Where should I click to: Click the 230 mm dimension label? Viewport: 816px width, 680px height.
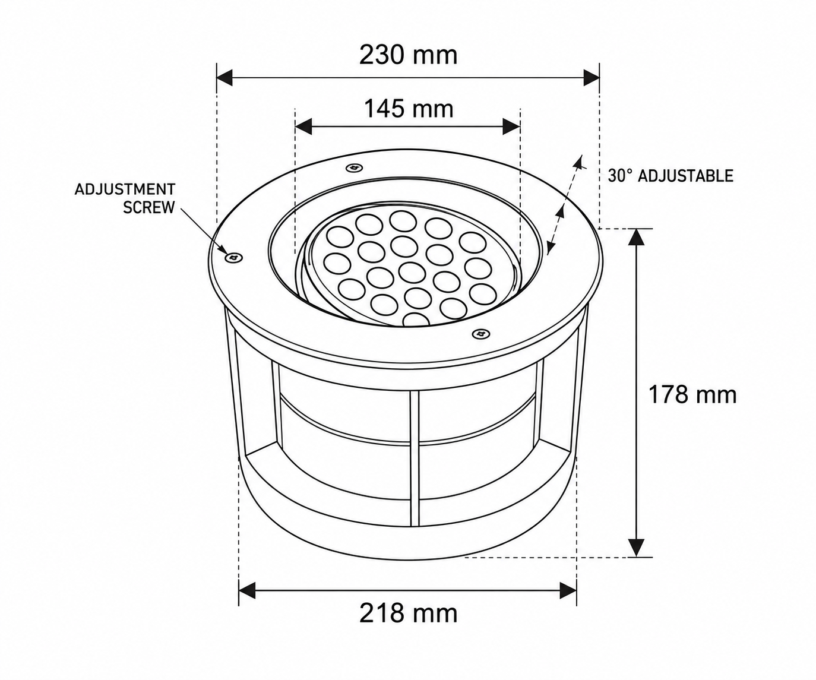pyautogui.click(x=408, y=55)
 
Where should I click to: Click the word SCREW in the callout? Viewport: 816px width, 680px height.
pyautogui.click(x=149, y=207)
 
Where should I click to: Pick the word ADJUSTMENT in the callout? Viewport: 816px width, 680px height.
pyautogui.click(x=125, y=189)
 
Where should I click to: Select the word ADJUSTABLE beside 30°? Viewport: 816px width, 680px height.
pyautogui.click(x=685, y=176)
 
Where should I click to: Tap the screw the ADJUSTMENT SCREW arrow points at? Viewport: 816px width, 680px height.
pyautogui.click(x=234, y=257)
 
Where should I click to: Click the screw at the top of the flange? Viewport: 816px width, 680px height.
pyautogui.click(x=355, y=167)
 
